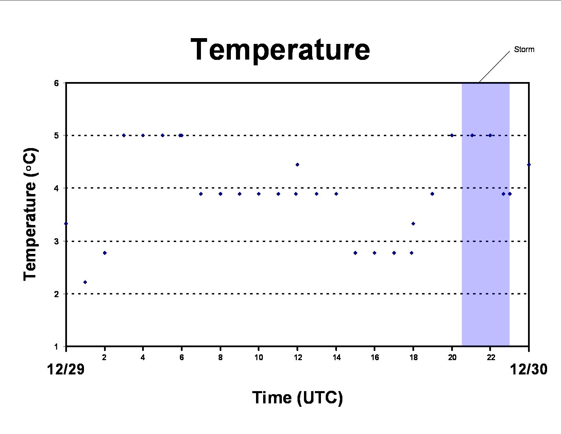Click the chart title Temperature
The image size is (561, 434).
280,50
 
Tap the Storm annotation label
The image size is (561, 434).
524,49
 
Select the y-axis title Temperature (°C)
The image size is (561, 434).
31,214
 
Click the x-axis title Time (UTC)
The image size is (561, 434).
297,398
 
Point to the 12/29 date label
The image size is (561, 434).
66,369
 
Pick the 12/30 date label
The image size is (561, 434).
528,369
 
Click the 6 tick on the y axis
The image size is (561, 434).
56,83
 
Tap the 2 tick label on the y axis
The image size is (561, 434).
56,294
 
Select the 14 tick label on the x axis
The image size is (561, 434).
336,357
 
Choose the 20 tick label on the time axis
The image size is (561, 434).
452,357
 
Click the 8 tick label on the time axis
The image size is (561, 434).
220,357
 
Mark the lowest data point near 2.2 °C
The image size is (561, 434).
85,282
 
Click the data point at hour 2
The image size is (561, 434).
105,253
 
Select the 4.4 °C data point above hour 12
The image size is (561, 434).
297,165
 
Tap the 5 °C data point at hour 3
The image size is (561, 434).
124,135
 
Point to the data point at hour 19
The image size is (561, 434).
432,194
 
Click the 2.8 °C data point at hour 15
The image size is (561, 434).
355,253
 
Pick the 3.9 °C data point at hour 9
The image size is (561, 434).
239,194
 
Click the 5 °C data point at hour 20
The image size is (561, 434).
452,135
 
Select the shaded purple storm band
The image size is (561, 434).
486,214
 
